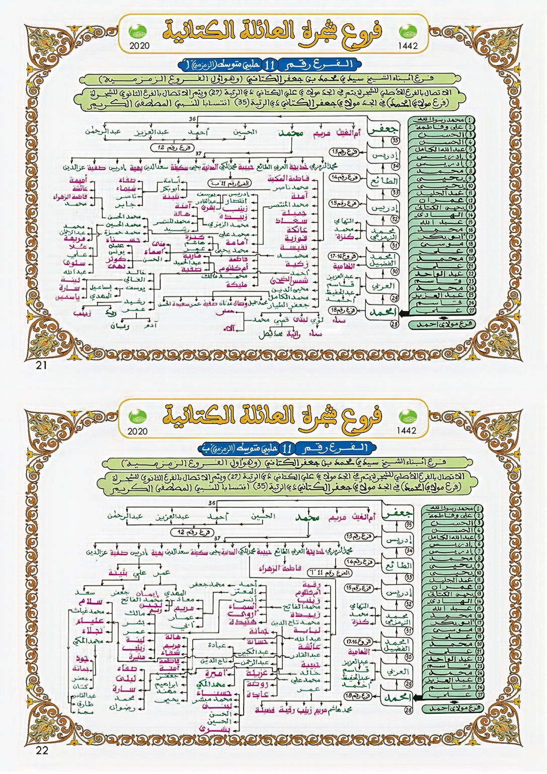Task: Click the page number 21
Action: (x=41, y=366)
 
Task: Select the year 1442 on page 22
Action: (x=407, y=431)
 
